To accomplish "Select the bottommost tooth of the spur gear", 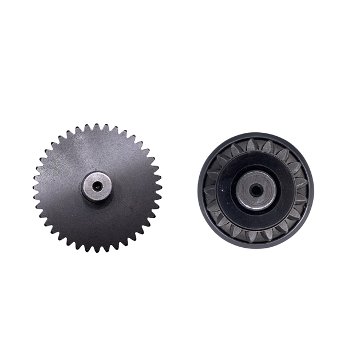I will (x=97, y=249).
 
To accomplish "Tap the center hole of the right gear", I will (x=256, y=189).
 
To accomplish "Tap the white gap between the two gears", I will (x=179, y=189).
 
